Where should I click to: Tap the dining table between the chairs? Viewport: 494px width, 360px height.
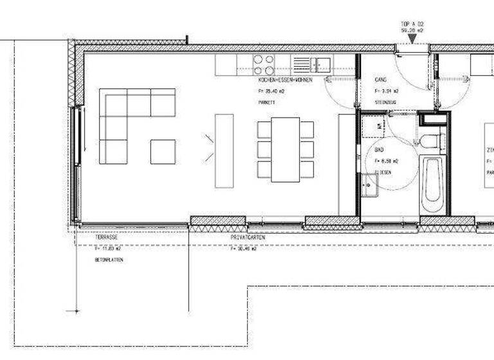pos(285,149)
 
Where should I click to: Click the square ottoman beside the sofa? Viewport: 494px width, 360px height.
pos(163,152)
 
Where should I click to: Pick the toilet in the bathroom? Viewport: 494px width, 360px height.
pos(429,142)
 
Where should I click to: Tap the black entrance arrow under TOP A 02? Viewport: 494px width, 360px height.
pos(412,40)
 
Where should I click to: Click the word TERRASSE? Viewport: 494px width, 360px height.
pos(107,237)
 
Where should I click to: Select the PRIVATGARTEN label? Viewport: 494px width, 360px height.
pos(248,237)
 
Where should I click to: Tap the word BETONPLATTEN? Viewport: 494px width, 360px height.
pos(109,260)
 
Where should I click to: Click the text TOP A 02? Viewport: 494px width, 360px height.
pos(412,23)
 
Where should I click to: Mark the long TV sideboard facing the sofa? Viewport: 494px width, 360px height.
pos(224,151)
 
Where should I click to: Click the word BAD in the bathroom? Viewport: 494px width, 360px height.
pos(379,150)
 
